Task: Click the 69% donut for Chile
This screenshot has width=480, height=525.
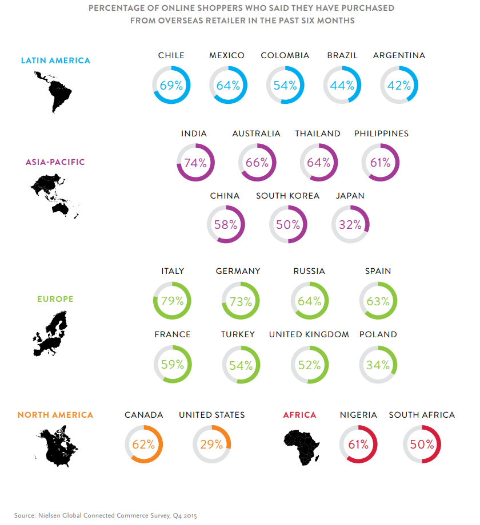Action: tap(171, 86)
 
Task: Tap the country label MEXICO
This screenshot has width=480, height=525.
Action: tap(227, 55)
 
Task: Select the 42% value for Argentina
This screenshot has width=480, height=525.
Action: tap(399, 86)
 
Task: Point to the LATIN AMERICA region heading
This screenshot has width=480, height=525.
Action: tap(55, 60)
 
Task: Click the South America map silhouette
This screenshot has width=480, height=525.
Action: tap(54, 91)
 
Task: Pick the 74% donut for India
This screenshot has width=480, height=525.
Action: tap(195, 163)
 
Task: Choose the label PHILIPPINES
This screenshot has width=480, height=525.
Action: tap(381, 134)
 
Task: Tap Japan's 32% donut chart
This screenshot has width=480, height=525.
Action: tap(350, 225)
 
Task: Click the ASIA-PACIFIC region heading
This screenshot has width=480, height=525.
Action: tap(55, 162)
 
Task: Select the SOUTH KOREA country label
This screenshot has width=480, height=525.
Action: tap(287, 196)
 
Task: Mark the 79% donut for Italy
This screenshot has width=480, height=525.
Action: tap(172, 301)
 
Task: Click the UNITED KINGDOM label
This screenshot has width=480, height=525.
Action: tap(309, 334)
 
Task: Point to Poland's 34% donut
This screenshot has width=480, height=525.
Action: tap(378, 365)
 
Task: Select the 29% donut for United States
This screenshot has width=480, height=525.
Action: tap(211, 444)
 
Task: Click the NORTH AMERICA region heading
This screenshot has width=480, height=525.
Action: tap(55, 415)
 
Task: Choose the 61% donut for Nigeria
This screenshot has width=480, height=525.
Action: tap(358, 445)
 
